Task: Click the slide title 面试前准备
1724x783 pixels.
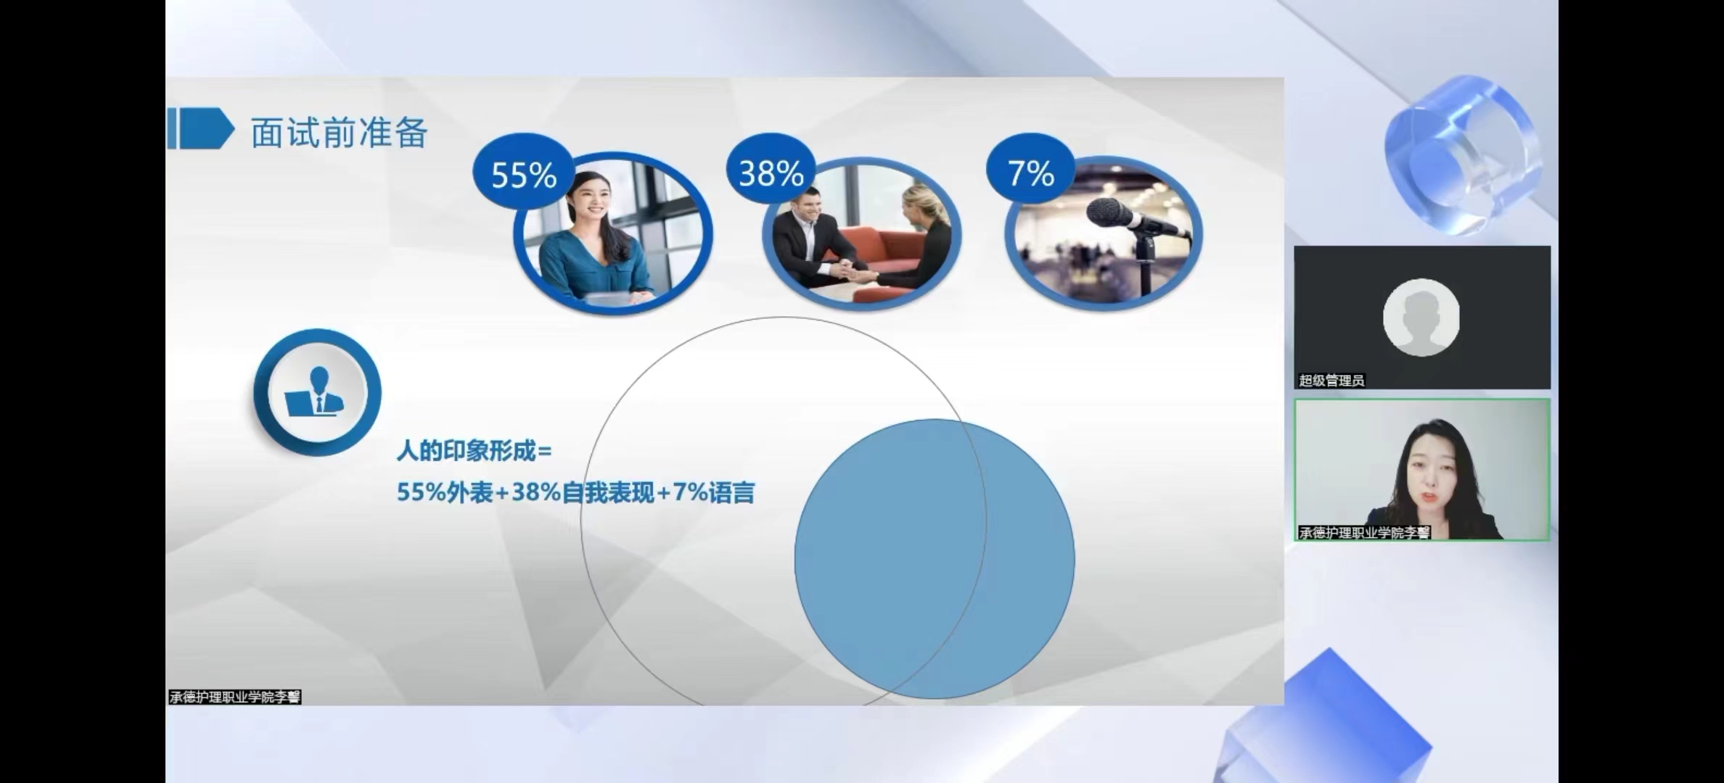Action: pyautogui.click(x=339, y=133)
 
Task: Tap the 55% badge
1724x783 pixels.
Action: pyautogui.click(x=524, y=174)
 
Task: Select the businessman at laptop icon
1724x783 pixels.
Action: pyautogui.click(x=316, y=392)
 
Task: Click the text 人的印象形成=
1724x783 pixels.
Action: pyautogui.click(x=474, y=451)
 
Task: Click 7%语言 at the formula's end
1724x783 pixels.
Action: pyautogui.click(x=714, y=493)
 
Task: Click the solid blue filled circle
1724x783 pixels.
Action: pyautogui.click(x=935, y=559)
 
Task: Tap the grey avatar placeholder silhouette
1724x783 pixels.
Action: pyautogui.click(x=1421, y=318)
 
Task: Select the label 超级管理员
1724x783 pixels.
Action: pyautogui.click(x=1331, y=381)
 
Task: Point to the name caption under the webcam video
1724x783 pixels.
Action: pyautogui.click(x=1364, y=533)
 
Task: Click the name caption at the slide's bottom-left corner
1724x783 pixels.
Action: pyautogui.click(x=234, y=697)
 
